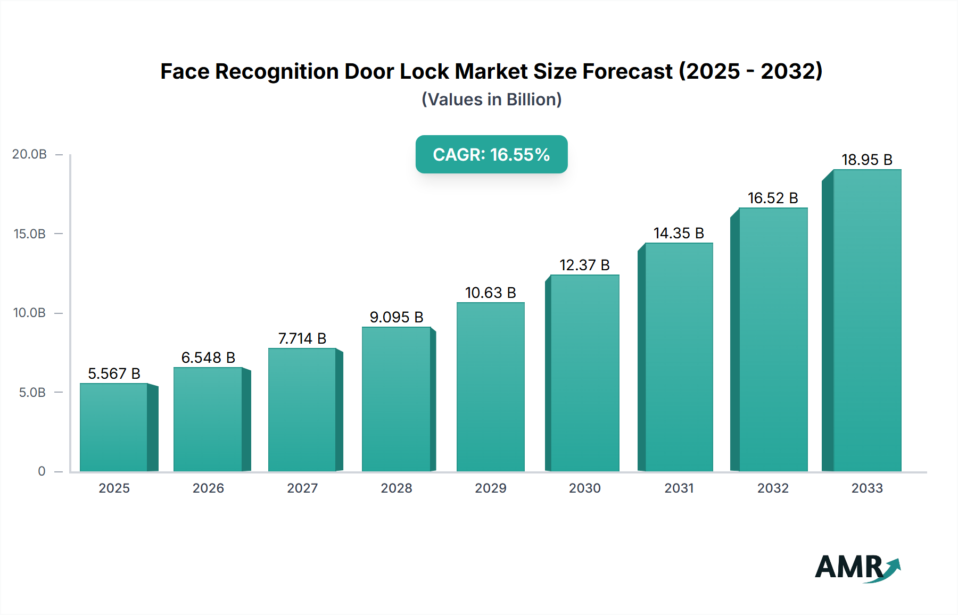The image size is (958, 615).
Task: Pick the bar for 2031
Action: coord(679,357)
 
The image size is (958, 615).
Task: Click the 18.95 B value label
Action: coord(866,160)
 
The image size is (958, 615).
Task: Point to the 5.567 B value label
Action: coord(114,373)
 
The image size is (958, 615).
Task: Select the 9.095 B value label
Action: coord(397,317)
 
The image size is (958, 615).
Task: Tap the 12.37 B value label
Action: coord(584,265)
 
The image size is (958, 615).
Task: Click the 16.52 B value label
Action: coord(773,198)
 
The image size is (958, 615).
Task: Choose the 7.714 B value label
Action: coord(302,338)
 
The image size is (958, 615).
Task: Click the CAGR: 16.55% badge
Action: coord(491,154)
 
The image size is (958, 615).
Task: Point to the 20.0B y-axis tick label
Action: coord(29,154)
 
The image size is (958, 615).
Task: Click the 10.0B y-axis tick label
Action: coord(29,313)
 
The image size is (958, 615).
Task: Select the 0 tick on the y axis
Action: coord(42,471)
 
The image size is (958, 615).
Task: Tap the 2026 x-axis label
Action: coord(208,488)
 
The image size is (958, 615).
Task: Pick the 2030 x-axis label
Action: coord(584,488)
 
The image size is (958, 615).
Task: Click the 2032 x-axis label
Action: coord(773,488)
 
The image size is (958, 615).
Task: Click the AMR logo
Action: coord(857,567)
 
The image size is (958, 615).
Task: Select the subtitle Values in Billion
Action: coord(491,99)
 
